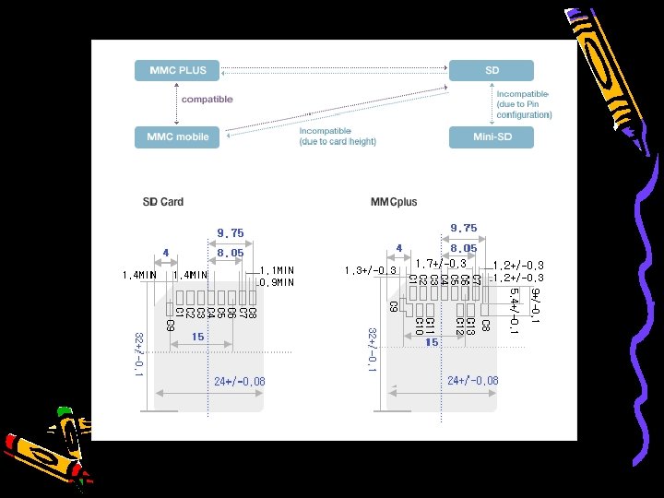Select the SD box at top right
coord(491,70)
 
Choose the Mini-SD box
coord(491,136)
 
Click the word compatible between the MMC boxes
coord(207,99)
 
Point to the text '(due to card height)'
coord(338,141)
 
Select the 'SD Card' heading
coord(162,202)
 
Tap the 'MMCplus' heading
coord(394,202)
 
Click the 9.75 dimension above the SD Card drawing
coord(231,233)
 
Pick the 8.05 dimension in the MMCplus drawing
coord(463,247)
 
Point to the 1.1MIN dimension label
coord(277,270)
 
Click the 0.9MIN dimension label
coord(277,282)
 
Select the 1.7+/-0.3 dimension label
coord(441,264)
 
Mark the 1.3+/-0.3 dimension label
coord(370,270)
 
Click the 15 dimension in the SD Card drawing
coord(197,338)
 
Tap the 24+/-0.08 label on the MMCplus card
coord(472,380)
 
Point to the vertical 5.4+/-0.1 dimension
coord(514,311)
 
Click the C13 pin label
coord(470,325)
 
